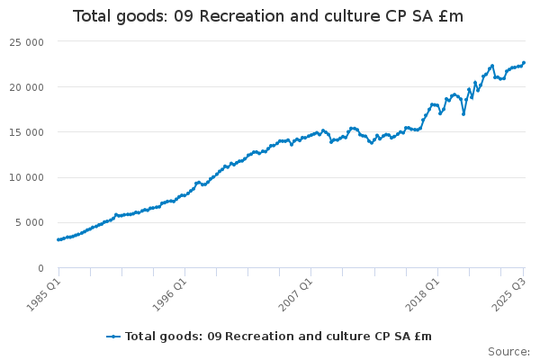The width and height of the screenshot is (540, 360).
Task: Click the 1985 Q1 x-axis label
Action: [x=42, y=292]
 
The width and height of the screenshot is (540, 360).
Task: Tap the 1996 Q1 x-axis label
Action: [x=168, y=292]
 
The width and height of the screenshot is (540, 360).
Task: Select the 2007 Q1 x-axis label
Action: [x=294, y=292]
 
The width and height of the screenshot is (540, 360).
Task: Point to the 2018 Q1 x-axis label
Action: [x=420, y=292]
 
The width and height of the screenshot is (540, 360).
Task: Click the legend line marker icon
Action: [x=113, y=337]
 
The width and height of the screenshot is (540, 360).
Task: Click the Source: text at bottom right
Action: [x=508, y=351]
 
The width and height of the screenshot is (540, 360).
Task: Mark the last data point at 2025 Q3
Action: [x=524, y=63]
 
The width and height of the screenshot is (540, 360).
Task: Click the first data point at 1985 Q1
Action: [x=58, y=239]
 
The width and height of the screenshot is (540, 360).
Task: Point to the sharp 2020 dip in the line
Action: [x=463, y=113]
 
